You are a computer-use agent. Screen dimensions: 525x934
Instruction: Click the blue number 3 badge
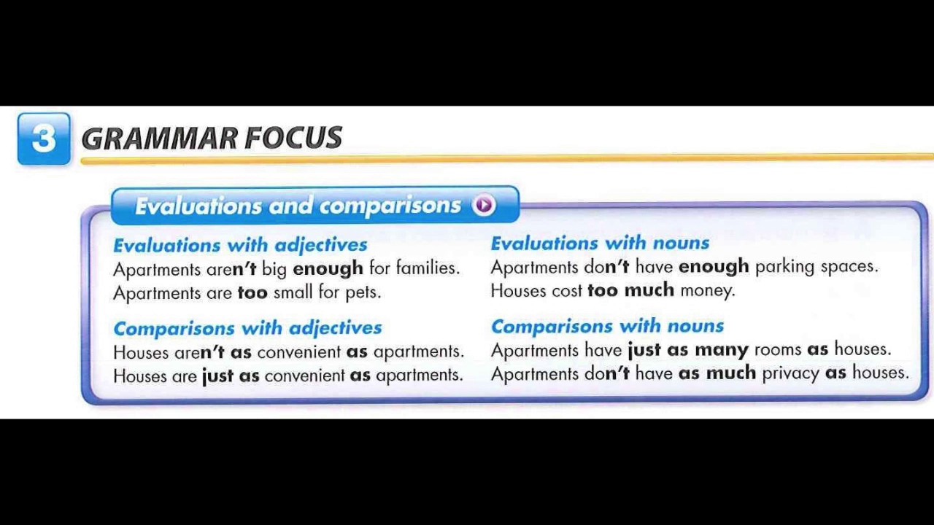[44, 139]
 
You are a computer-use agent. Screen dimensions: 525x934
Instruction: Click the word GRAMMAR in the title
[159, 139]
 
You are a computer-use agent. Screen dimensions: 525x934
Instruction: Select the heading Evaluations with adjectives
[240, 245]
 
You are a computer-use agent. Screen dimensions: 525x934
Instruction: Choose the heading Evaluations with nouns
[600, 243]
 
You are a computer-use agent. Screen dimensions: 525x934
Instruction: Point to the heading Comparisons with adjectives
[247, 328]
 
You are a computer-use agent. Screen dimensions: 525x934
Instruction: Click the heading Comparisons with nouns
[607, 326]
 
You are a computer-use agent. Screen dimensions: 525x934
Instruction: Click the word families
[427, 268]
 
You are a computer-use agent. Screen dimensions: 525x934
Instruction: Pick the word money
[706, 290]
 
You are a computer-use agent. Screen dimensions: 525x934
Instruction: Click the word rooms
[778, 349]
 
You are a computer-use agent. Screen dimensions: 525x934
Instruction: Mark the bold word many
[722, 350]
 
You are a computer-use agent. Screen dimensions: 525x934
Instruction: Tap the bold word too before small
[252, 292]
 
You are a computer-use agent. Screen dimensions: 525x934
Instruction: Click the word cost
[567, 290]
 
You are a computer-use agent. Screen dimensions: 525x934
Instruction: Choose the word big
[274, 269]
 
